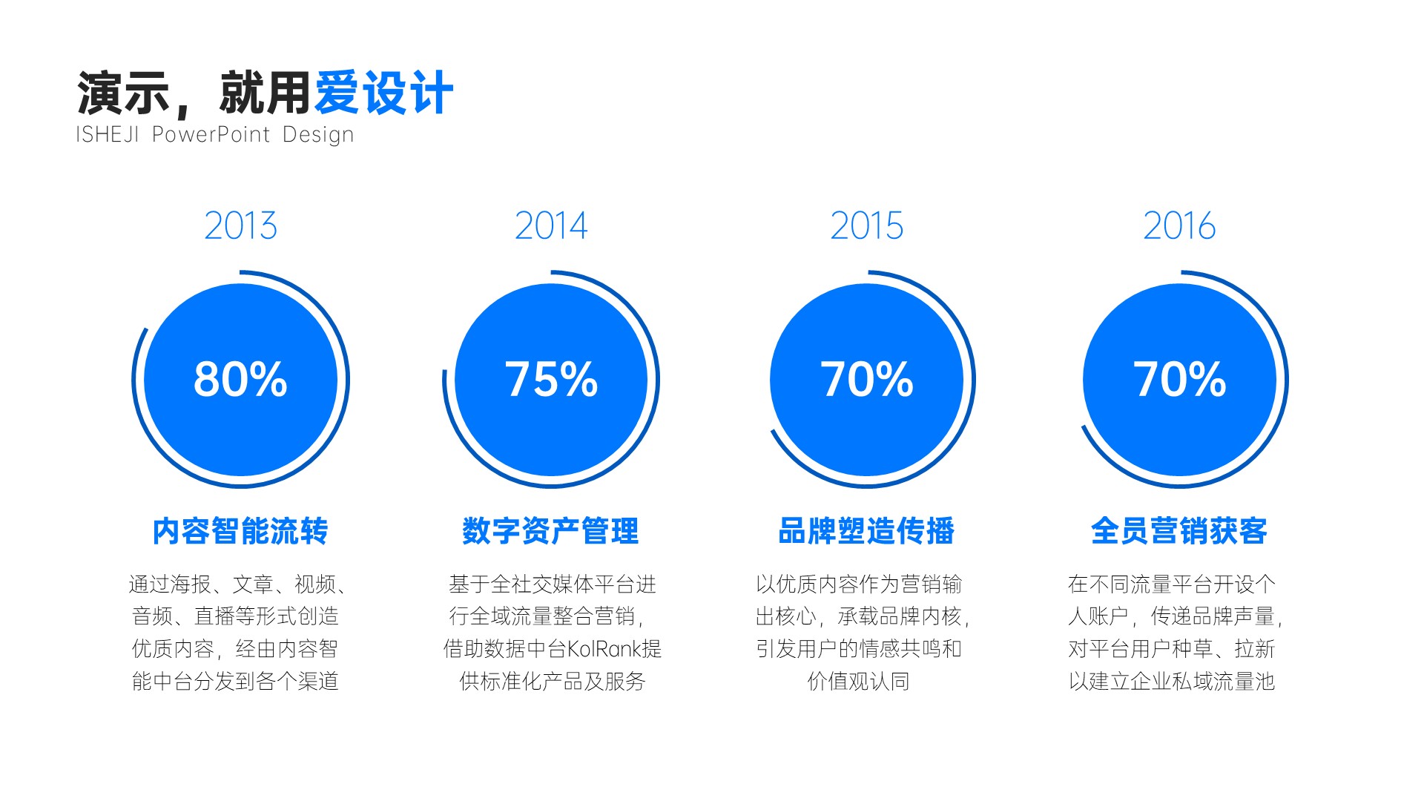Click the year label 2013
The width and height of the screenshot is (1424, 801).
point(240,225)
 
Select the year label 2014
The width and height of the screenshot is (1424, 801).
point(551,225)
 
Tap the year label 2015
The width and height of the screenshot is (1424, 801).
point(866,225)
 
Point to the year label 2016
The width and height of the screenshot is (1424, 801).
point(1179,225)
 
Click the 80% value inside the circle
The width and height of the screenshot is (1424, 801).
point(240,379)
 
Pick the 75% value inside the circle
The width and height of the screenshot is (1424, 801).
point(551,379)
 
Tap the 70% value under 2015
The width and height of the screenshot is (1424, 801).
point(866,379)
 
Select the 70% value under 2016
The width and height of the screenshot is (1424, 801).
point(1179,379)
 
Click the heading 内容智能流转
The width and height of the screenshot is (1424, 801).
point(240,531)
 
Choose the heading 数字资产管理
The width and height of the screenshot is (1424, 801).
point(550,531)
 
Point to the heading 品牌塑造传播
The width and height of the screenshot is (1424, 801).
point(866,531)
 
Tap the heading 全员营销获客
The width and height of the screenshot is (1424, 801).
point(1179,531)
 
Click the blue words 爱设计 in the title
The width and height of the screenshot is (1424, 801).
point(384,93)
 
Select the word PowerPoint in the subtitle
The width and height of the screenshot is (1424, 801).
point(211,134)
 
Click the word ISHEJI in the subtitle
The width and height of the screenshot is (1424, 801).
point(108,134)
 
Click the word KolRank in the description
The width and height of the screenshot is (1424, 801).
point(599,649)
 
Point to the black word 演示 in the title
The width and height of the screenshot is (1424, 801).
point(123,93)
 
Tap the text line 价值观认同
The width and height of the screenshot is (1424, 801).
point(859,681)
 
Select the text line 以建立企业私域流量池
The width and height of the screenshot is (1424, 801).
point(1172,681)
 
